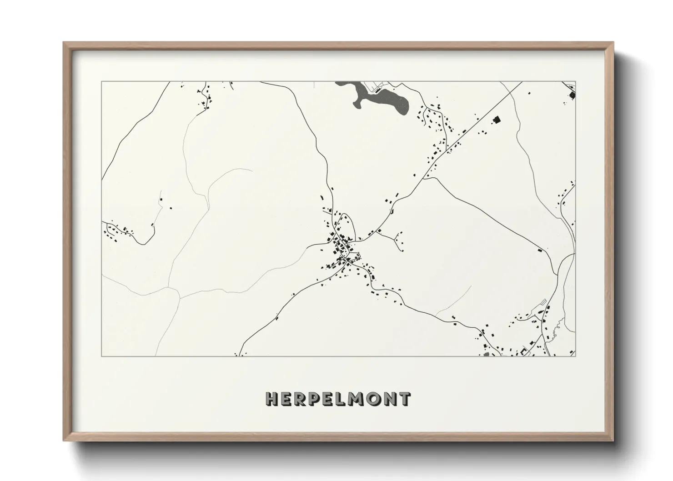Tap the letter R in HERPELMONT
point(300,399)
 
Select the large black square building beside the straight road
point(497,120)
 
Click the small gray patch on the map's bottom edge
point(486,354)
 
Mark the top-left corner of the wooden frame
point(64,43)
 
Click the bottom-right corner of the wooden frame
point(613,441)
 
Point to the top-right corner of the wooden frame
point(613,43)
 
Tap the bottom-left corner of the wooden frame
point(64,441)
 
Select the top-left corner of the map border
point(101,82)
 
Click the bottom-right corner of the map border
point(575,356)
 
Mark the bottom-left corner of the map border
point(101,356)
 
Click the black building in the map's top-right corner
point(571,95)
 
